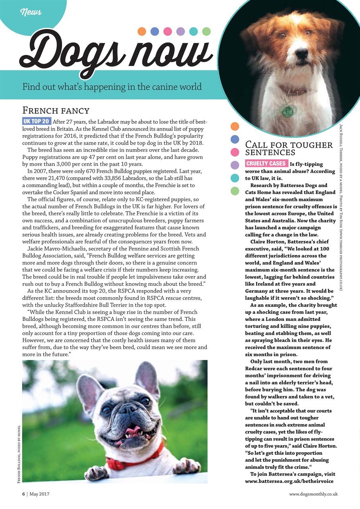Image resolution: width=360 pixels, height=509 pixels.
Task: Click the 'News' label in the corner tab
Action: pos(31,12)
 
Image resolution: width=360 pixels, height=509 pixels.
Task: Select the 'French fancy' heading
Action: pos(56,110)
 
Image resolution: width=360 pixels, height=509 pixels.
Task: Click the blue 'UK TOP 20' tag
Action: pos(37,121)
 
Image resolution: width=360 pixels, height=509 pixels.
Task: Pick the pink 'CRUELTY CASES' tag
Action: pos(266,163)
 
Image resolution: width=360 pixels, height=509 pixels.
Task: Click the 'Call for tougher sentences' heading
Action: pos(289,148)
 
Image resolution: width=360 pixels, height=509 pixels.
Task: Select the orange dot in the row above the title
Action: pos(142,31)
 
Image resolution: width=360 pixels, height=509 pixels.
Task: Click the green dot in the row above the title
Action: pos(206,31)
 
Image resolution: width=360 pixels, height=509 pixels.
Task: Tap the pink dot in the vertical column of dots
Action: pos(235,152)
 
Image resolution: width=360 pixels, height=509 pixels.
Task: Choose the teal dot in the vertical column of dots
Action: pos(235,178)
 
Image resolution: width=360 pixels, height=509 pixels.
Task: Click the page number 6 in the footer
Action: pos(23,493)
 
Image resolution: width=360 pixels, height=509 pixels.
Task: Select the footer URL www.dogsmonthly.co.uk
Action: pos(313,493)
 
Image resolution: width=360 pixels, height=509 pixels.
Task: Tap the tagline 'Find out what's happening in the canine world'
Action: pos(112,86)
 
